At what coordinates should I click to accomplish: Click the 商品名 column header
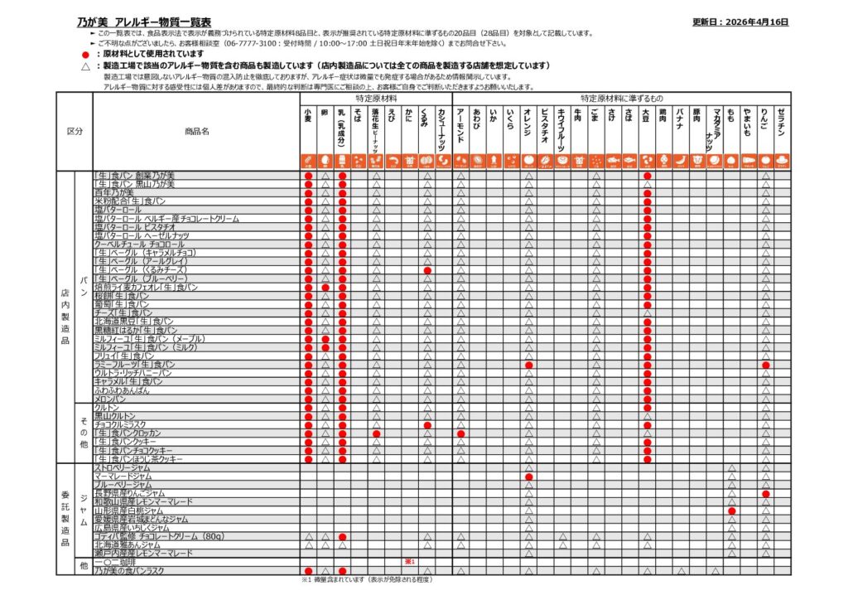pyautogui.click(x=197, y=132)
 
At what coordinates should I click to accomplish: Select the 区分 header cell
pyautogui.click(x=75, y=132)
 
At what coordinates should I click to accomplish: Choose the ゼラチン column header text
pyautogui.click(x=783, y=124)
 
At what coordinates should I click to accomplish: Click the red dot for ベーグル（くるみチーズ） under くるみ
pyautogui.click(x=427, y=270)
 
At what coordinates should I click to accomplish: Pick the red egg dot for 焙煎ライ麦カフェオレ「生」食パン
pyautogui.click(x=325, y=288)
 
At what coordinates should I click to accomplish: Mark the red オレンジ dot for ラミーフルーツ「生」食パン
pyautogui.click(x=528, y=365)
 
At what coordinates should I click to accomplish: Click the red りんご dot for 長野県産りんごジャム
pyautogui.click(x=766, y=494)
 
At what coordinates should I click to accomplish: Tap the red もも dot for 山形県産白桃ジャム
pyautogui.click(x=732, y=510)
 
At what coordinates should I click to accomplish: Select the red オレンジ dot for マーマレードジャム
pyautogui.click(x=528, y=477)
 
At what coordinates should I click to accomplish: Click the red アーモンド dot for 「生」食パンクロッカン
pyautogui.click(x=461, y=433)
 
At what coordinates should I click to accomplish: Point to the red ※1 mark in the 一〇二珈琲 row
pyautogui.click(x=409, y=562)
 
